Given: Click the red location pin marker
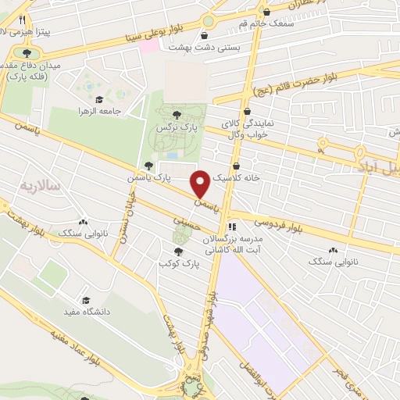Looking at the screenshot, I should click(x=201, y=184).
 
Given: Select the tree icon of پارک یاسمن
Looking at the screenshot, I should click(x=148, y=166).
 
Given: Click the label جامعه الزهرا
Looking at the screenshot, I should click(x=101, y=112).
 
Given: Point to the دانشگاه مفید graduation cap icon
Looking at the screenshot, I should click(x=85, y=301).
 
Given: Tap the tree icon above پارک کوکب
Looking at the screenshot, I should click(x=180, y=252).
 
